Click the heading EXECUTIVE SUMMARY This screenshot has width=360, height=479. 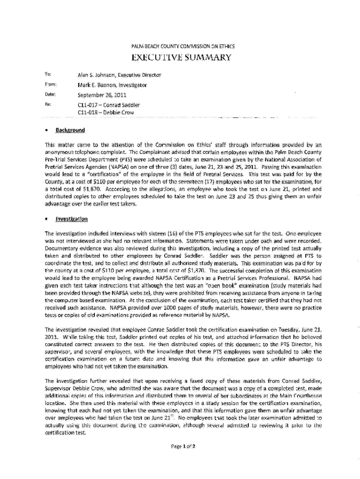181,58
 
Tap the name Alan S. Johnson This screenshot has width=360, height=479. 96,75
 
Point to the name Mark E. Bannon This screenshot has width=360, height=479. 95,85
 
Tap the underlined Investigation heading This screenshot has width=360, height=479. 73,219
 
